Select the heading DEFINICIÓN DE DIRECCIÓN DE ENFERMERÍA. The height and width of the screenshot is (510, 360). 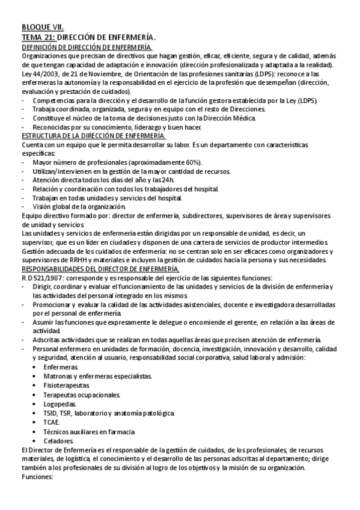click(x=87, y=46)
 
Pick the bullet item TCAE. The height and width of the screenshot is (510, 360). click(x=52, y=422)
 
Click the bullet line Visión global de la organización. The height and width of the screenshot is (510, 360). click(x=79, y=206)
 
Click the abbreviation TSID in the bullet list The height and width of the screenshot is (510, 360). click(x=50, y=413)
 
